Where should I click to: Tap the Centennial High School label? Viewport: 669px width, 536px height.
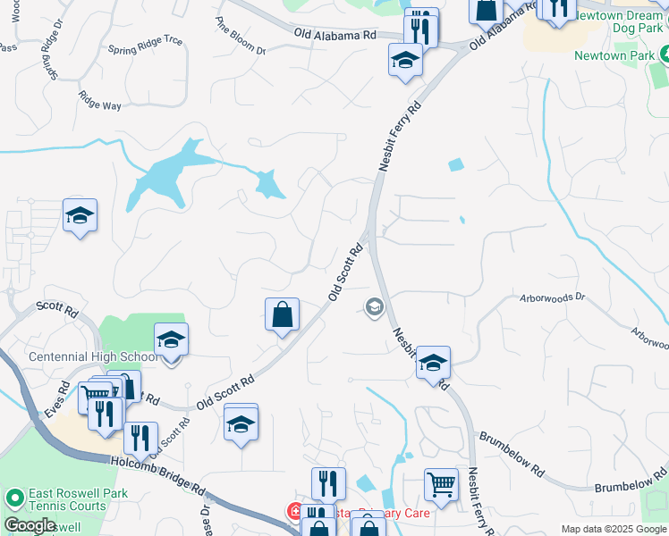[93, 356]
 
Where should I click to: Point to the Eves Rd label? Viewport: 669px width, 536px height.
[61, 398]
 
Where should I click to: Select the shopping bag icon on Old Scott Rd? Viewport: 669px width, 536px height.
[282, 314]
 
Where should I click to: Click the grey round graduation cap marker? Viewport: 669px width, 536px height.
[374, 308]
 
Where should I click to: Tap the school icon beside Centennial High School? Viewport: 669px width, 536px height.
[170, 341]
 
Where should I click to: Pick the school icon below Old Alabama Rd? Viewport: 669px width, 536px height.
[405, 61]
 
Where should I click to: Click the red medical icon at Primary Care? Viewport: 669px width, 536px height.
[293, 512]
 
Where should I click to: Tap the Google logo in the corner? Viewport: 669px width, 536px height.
[30, 525]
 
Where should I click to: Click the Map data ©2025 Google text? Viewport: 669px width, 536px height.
[613, 529]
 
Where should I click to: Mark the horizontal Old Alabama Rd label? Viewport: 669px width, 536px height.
[335, 34]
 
